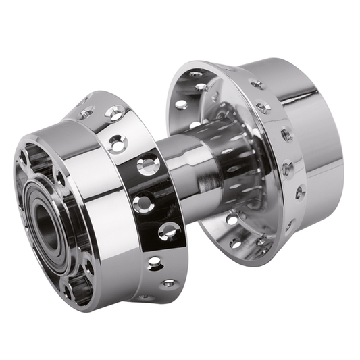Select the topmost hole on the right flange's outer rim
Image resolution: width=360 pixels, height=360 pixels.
[x=257, y=86]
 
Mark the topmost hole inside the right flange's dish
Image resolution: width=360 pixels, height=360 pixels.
[x=196, y=74]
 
